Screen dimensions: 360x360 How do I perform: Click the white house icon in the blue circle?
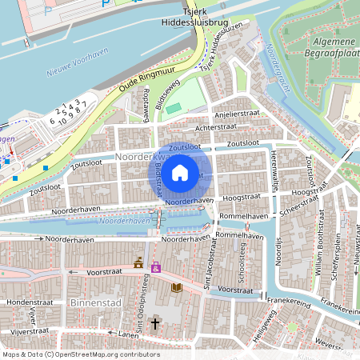[x=180, y=172]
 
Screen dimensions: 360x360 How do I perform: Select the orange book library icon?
[x=177, y=287]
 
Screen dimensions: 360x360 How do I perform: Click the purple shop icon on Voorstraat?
[x=155, y=266]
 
